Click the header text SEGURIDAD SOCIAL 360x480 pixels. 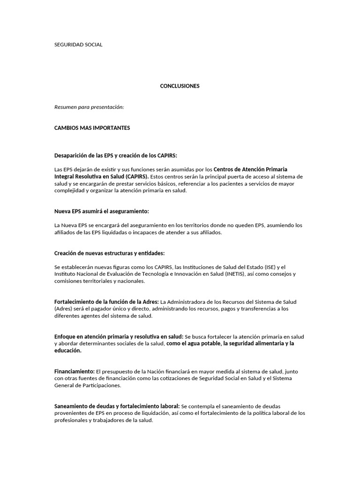pos(78,45)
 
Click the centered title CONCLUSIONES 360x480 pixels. pos(180,86)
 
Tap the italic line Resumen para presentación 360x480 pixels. pos(89,107)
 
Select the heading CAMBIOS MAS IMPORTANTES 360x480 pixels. pos(92,128)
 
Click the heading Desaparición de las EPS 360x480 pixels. pos(116,156)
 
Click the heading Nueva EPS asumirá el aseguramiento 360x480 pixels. pos(102,211)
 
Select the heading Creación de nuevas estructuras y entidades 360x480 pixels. pos(110,253)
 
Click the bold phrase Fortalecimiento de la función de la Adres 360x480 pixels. pos(107,302)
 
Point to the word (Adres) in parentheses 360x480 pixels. pos(63,309)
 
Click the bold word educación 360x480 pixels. pos(68,351)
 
